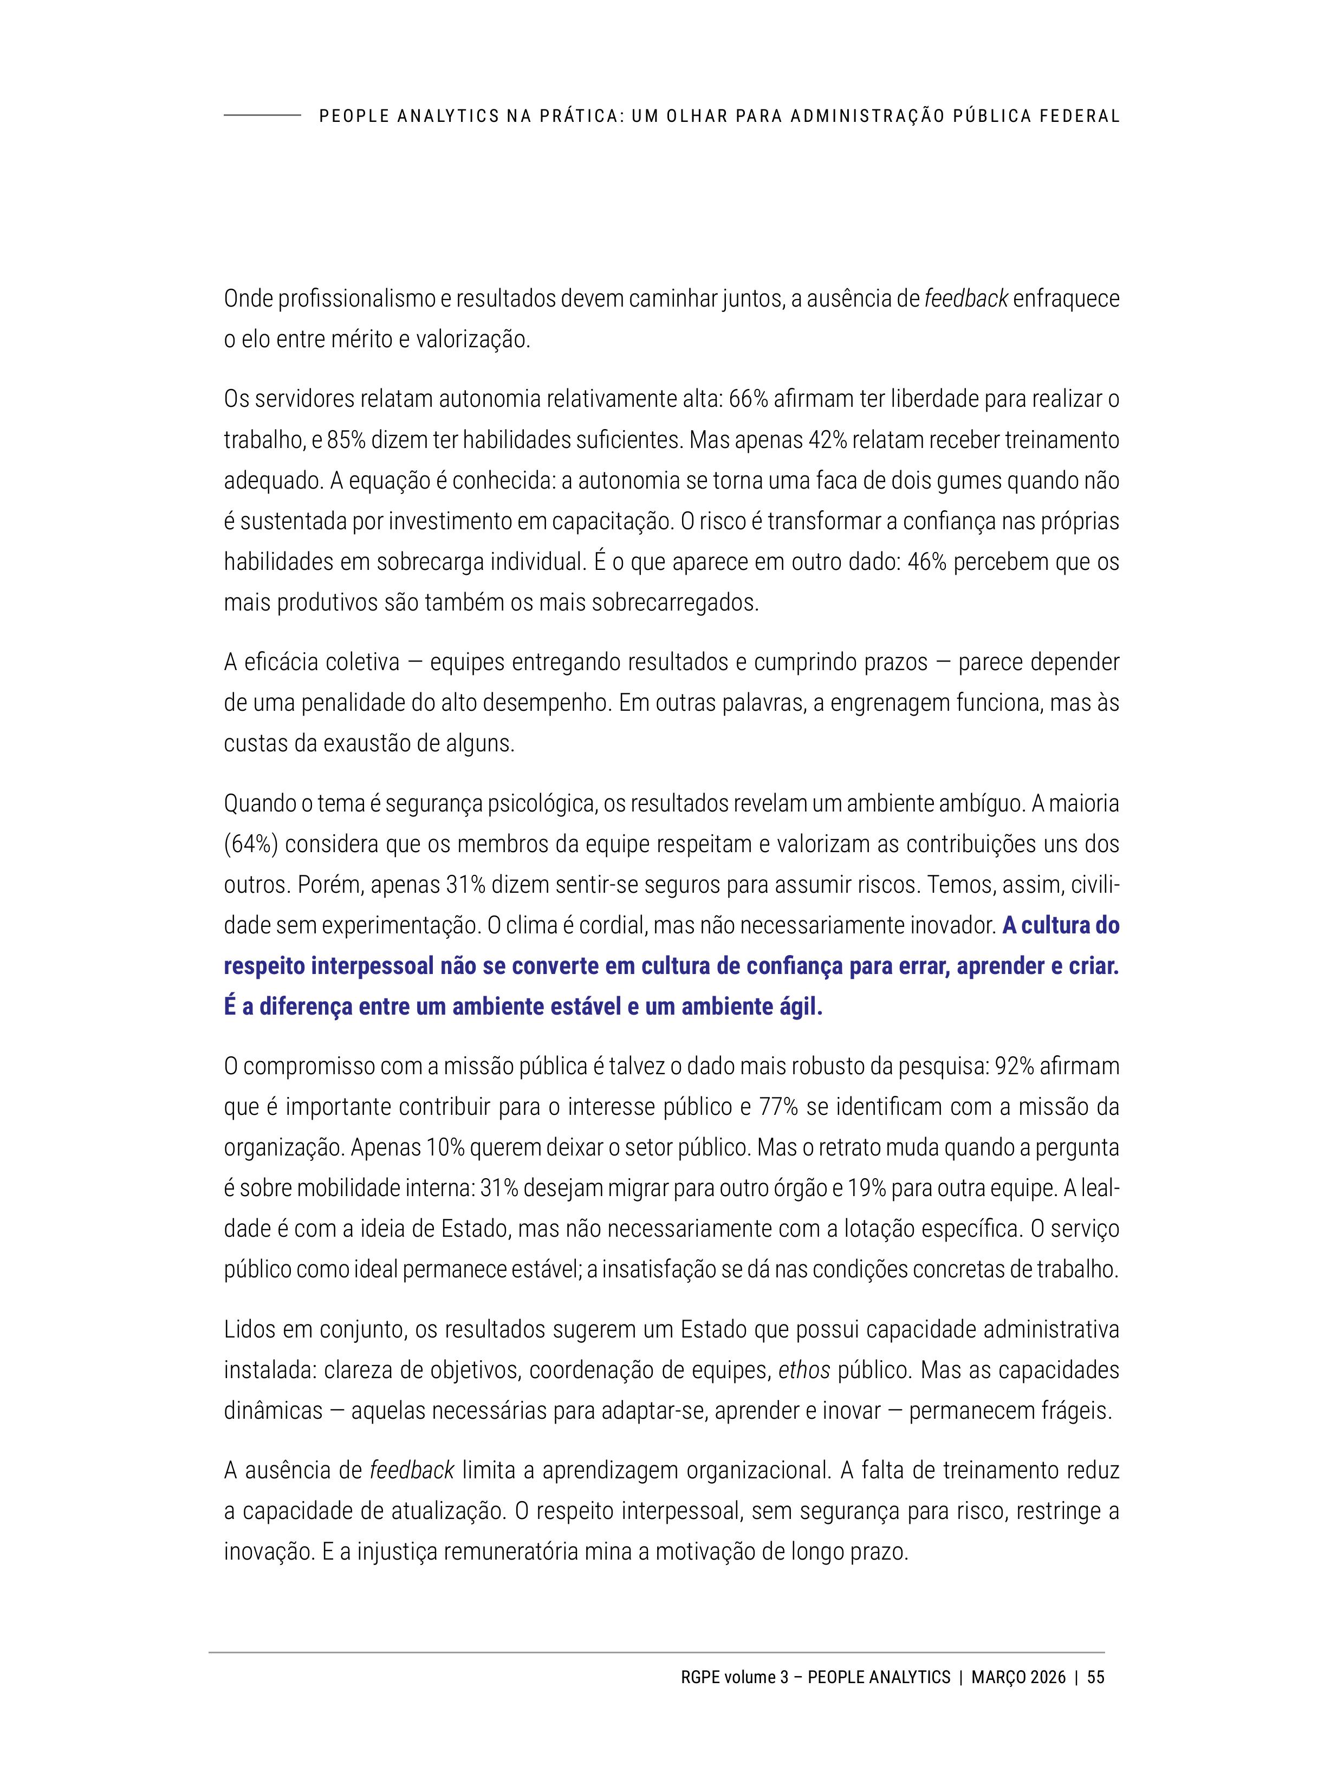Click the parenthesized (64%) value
click(251, 844)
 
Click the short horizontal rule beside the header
click(262, 116)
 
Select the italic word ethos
click(804, 1370)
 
